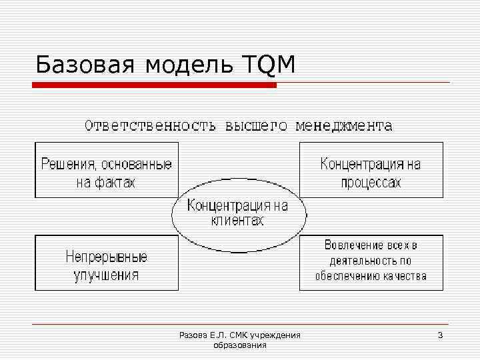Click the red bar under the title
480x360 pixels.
click(x=154, y=85)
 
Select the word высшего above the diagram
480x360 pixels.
click(x=256, y=125)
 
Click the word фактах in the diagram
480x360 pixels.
click(x=114, y=182)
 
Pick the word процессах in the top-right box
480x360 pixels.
click(x=371, y=182)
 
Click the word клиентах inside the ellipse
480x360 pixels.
click(x=237, y=221)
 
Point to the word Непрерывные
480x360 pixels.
click(x=107, y=256)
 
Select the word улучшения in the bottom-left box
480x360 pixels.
click(x=107, y=274)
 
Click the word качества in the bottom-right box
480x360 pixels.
click(x=405, y=276)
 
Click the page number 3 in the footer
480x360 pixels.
click(x=440, y=335)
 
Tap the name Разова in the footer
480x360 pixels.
click(x=193, y=335)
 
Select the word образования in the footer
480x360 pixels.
click(x=240, y=345)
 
